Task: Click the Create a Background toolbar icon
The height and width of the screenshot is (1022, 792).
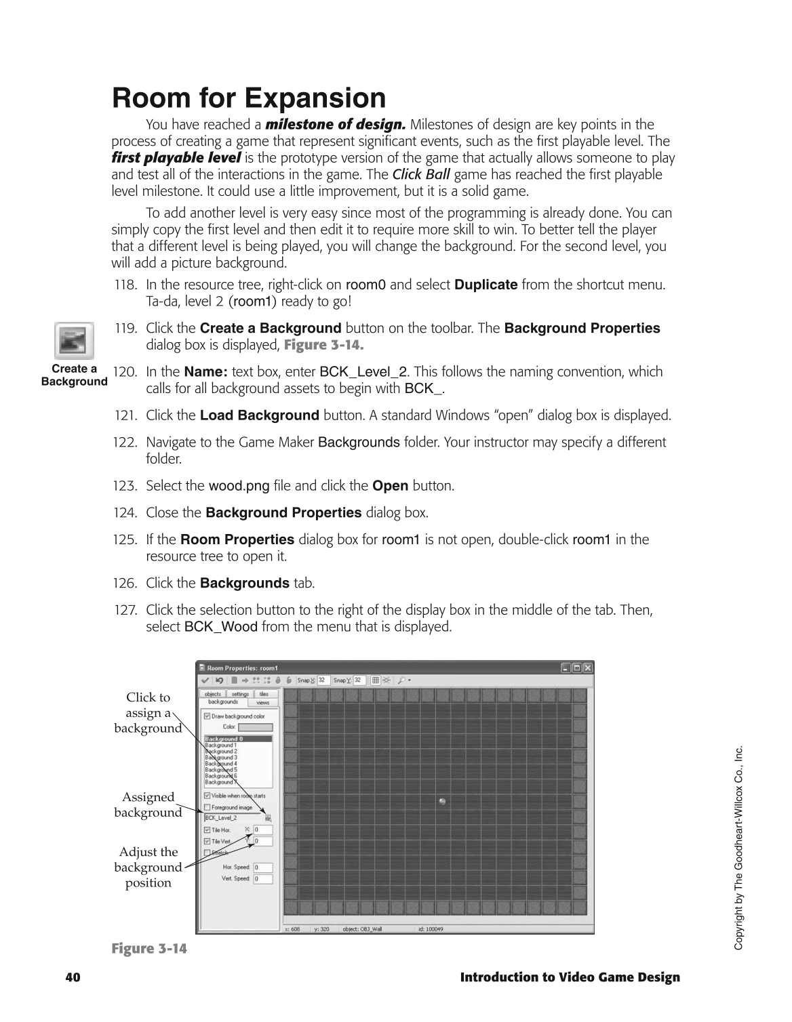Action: coord(74,340)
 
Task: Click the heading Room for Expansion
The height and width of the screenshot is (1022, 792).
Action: coord(249,98)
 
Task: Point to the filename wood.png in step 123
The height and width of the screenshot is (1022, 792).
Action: coord(239,486)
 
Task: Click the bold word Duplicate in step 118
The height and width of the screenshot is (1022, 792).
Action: coord(486,285)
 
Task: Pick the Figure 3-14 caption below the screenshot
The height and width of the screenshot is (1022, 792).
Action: coord(149,948)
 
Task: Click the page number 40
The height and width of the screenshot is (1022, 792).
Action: coord(73,977)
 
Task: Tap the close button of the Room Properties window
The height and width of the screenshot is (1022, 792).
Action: coord(587,668)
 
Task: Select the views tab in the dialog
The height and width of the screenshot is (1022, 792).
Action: coord(262,703)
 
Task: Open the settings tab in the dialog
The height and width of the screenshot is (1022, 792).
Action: coord(240,694)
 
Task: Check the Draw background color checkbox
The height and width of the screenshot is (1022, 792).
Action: coord(207,716)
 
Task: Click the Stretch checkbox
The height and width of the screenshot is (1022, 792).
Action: coord(207,853)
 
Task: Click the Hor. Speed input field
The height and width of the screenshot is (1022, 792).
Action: coord(263,867)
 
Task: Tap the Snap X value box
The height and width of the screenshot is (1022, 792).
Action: coord(323,680)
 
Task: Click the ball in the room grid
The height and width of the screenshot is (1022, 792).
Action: coord(443,801)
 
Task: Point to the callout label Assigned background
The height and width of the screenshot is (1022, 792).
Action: coord(148,805)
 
